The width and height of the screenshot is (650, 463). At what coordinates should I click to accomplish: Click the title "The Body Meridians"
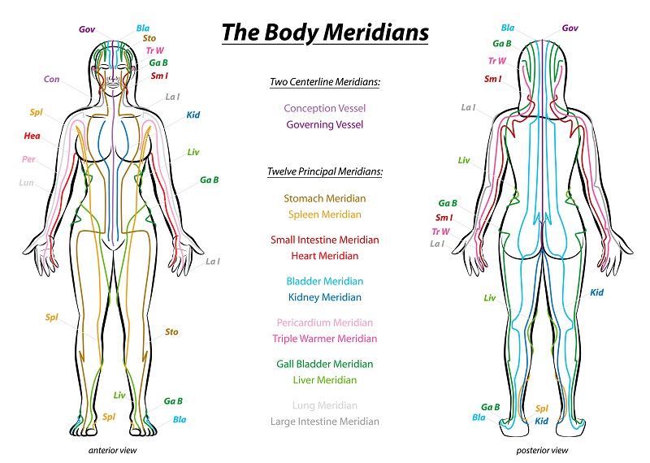[x=325, y=32]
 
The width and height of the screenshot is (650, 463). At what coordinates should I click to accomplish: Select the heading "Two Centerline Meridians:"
[x=325, y=82]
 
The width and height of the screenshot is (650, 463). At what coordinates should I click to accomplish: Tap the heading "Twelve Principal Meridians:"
[x=325, y=171]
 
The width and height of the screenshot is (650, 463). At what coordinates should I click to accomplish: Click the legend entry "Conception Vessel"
[x=325, y=108]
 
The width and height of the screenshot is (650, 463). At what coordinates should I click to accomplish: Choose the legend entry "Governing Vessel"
[x=325, y=124]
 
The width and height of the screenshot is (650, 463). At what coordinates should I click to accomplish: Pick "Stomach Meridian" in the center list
[x=325, y=198]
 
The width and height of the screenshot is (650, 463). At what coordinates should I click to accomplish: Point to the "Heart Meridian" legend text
[x=325, y=256]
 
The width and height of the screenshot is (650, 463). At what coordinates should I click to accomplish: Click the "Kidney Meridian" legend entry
[x=325, y=297]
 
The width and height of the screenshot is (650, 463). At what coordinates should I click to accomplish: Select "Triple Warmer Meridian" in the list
[x=325, y=339]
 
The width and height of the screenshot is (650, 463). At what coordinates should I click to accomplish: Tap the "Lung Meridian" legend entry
[x=325, y=405]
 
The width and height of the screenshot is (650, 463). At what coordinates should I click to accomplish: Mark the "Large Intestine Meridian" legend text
[x=325, y=422]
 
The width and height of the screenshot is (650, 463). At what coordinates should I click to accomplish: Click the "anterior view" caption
[x=112, y=450]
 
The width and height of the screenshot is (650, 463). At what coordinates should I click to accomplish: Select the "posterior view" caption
[x=542, y=450]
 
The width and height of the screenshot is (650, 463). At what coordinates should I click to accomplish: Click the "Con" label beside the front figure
[x=52, y=79]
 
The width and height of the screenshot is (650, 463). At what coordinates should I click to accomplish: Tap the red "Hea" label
[x=32, y=136]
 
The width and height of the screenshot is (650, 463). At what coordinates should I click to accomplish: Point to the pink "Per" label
[x=28, y=158]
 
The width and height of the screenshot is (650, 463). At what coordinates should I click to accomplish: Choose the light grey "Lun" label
[x=26, y=183]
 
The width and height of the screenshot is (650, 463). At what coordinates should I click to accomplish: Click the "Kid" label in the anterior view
[x=193, y=115]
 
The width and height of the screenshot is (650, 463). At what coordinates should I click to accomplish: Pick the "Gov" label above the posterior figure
[x=570, y=28]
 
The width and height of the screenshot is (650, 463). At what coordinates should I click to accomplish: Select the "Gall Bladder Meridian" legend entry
[x=325, y=364]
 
